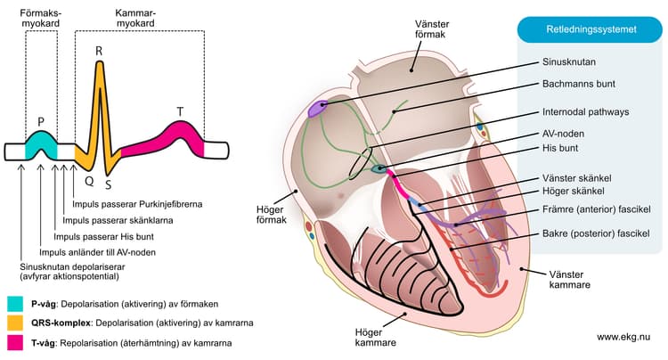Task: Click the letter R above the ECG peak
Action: (x=99, y=52)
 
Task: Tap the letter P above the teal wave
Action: (x=41, y=122)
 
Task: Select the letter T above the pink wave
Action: (x=180, y=112)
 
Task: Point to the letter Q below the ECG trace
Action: (x=89, y=182)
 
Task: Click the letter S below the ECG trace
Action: (x=108, y=184)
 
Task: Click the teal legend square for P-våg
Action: (x=15, y=304)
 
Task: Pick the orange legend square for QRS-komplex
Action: (x=15, y=323)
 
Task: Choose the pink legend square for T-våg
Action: (x=15, y=342)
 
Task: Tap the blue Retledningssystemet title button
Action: (x=590, y=29)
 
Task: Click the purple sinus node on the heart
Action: (x=317, y=109)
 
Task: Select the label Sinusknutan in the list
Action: (x=569, y=61)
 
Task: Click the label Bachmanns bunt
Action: (x=579, y=84)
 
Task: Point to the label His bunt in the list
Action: (x=560, y=148)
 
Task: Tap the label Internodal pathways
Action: (x=585, y=112)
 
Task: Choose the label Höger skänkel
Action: (x=573, y=192)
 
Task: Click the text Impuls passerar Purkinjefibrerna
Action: (x=137, y=204)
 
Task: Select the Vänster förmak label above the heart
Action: (x=432, y=29)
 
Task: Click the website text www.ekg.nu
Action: (x=623, y=337)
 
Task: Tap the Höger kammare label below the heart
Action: (x=375, y=338)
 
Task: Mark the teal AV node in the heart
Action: (x=379, y=168)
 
